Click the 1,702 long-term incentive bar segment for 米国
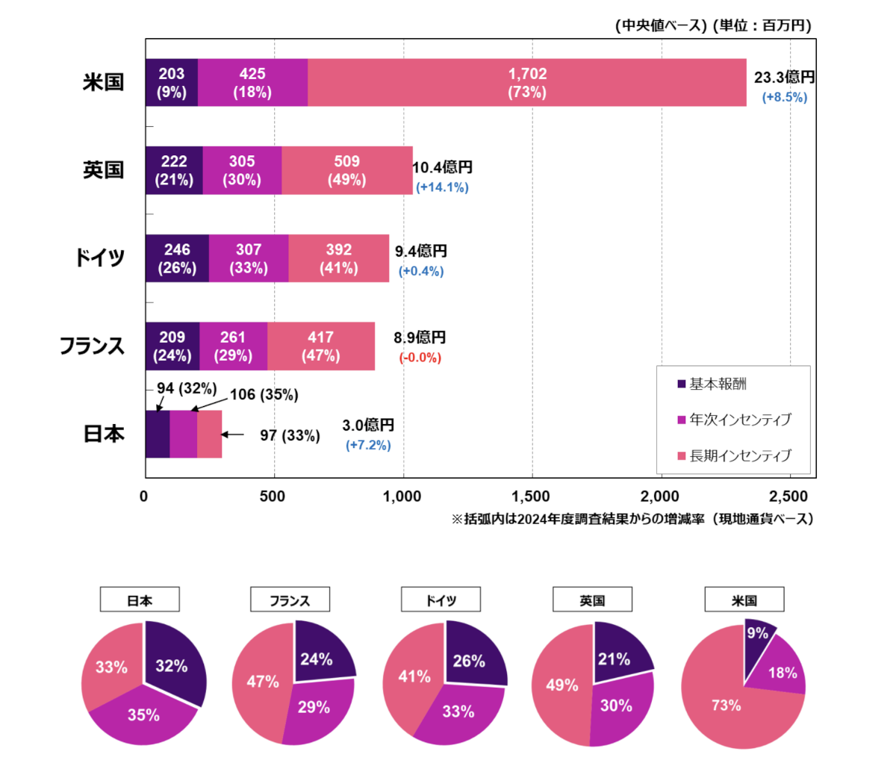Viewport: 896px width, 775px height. click(527, 83)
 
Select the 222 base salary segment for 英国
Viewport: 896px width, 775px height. click(174, 170)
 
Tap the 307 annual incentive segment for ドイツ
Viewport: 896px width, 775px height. click(249, 258)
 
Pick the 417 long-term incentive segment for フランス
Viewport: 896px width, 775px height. click(321, 346)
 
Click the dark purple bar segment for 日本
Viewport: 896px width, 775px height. click(158, 434)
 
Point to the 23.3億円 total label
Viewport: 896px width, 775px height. click(784, 78)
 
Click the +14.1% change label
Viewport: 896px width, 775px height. click(442, 187)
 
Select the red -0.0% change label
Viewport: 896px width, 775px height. click(420, 358)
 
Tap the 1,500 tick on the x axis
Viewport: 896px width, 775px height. click(531, 497)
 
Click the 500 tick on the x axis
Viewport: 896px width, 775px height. click(273, 497)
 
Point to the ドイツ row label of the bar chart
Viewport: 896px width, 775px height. click(99, 258)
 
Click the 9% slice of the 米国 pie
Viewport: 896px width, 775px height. click(758, 634)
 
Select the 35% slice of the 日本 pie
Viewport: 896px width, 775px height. click(143, 715)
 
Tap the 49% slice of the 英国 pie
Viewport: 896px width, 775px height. click(561, 685)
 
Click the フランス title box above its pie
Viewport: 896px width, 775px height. click(290, 600)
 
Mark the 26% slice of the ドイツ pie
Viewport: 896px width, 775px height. click(470, 660)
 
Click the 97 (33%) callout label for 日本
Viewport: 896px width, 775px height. click(290, 435)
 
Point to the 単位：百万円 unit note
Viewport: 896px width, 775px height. click(762, 25)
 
